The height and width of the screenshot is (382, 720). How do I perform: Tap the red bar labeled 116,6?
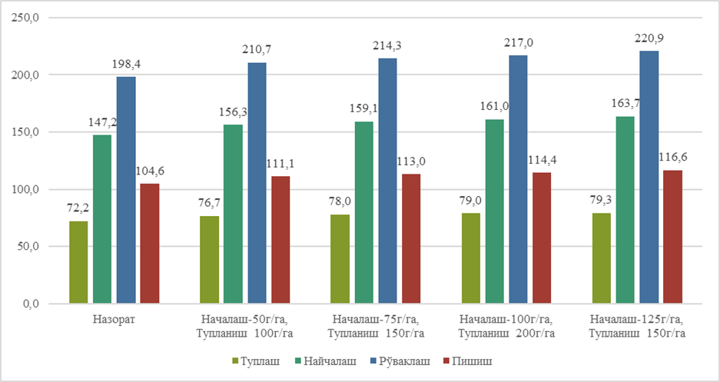(672, 237)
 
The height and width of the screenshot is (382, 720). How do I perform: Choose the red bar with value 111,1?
(280, 240)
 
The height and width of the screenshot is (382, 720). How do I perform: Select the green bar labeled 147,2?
(102, 219)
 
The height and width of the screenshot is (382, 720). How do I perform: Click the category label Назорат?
(114, 319)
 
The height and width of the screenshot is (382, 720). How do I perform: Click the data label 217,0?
(519, 43)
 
